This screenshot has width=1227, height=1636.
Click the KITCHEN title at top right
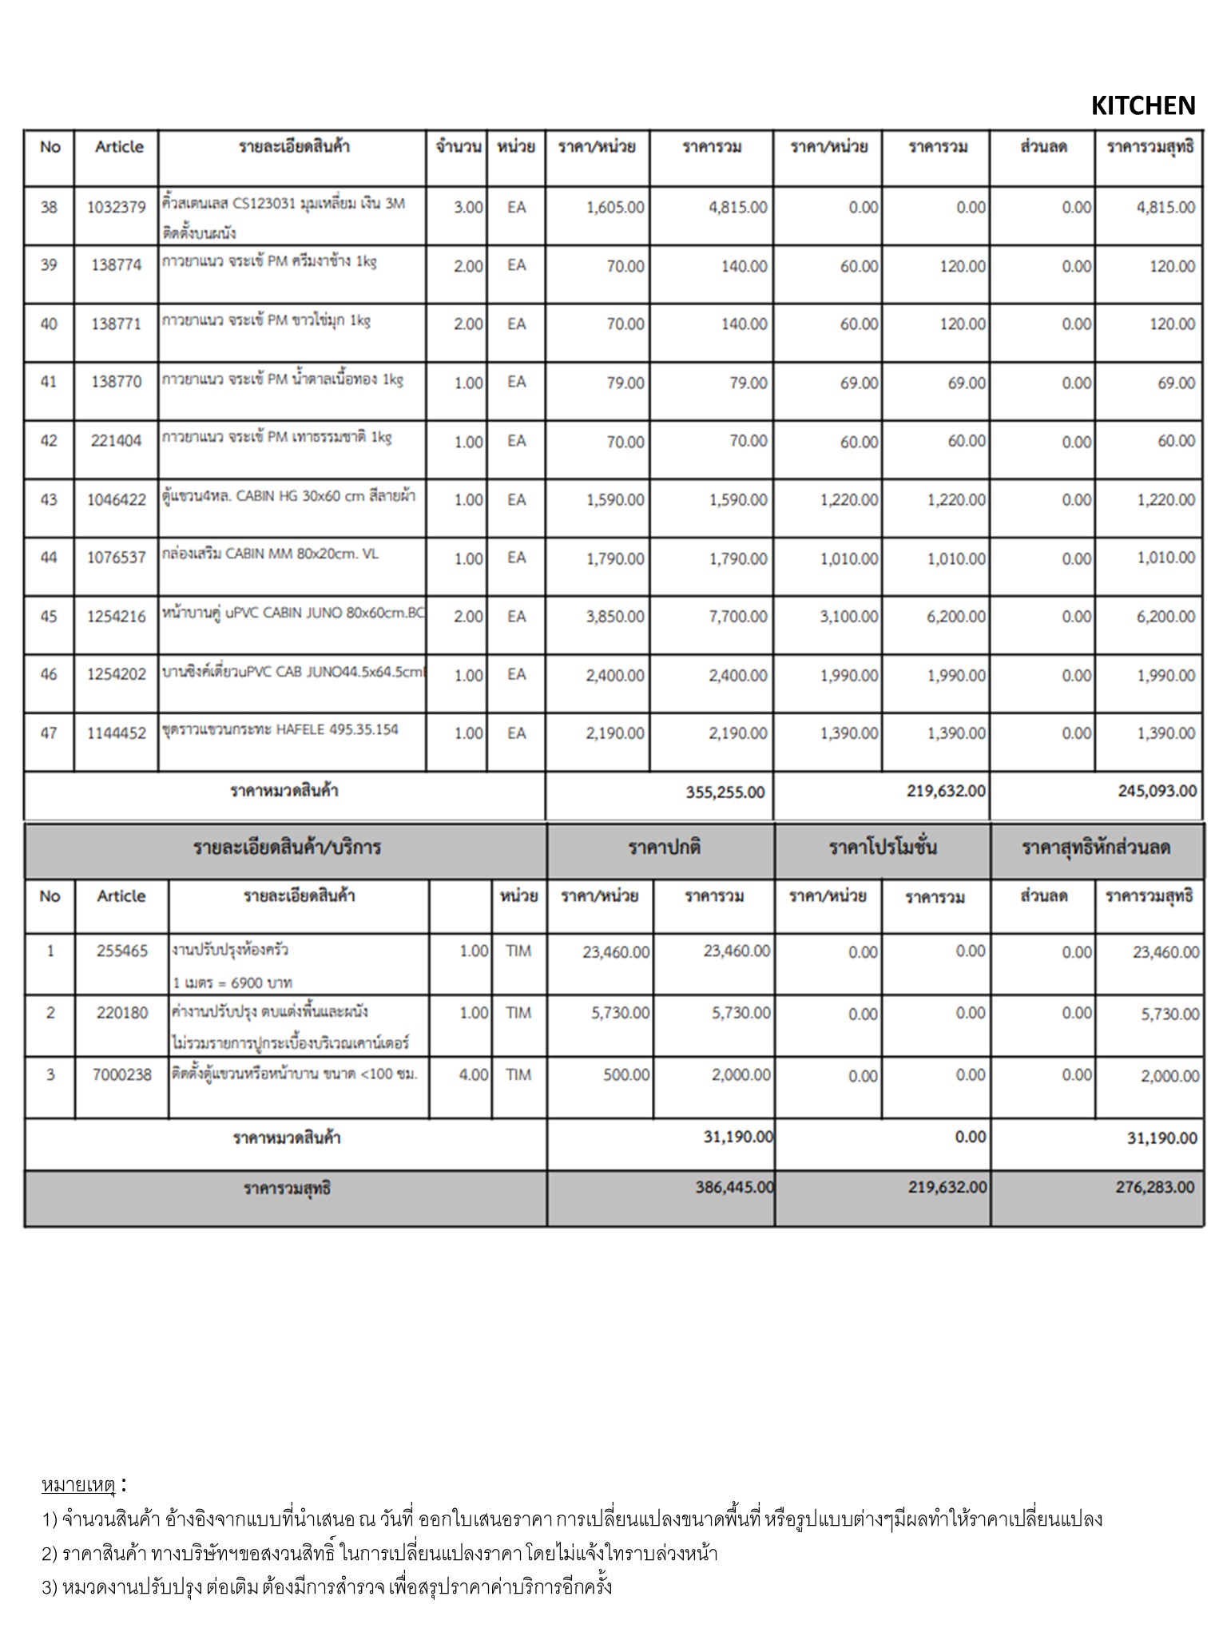pyautogui.click(x=1142, y=105)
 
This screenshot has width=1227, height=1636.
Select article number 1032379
pyautogui.click(x=117, y=208)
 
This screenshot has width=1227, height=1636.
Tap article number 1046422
pyautogui.click(x=117, y=500)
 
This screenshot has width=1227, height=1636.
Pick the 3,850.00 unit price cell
pyautogui.click(x=614, y=617)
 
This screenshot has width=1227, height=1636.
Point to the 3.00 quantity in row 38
pyautogui.click(x=468, y=208)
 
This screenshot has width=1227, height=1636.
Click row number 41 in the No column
pyautogui.click(x=49, y=382)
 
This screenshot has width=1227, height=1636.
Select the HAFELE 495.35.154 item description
pyautogui.click(x=280, y=729)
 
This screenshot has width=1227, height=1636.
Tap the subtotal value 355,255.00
pyautogui.click(x=725, y=792)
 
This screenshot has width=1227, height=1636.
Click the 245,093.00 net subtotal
pyautogui.click(x=1158, y=792)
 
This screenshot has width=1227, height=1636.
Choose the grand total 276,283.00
pyautogui.click(x=1155, y=1187)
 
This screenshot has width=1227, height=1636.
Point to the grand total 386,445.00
pyautogui.click(x=734, y=1187)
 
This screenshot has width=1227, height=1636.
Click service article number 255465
pyautogui.click(x=122, y=951)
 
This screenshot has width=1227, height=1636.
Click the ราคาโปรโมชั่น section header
pyautogui.click(x=882, y=848)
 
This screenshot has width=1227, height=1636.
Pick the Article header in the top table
pyautogui.click(x=119, y=147)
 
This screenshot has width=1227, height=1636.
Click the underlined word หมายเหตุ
pyautogui.click(x=79, y=1485)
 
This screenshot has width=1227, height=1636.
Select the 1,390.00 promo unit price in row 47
pyautogui.click(x=848, y=733)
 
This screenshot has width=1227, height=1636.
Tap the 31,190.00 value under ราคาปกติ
pyautogui.click(x=737, y=1137)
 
